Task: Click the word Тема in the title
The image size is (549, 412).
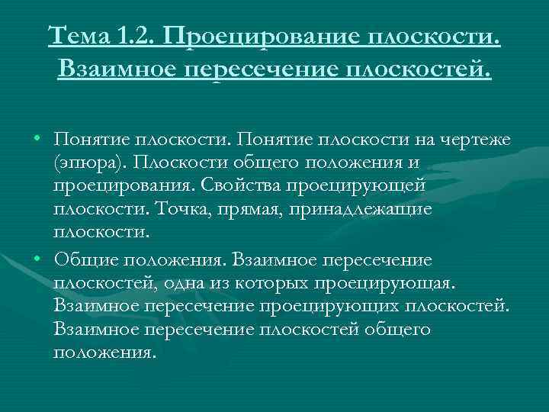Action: (x=80, y=35)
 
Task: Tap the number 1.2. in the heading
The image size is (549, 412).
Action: (x=138, y=35)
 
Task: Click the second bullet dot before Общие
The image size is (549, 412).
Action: (x=37, y=260)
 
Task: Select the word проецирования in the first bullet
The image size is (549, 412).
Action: (x=122, y=186)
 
